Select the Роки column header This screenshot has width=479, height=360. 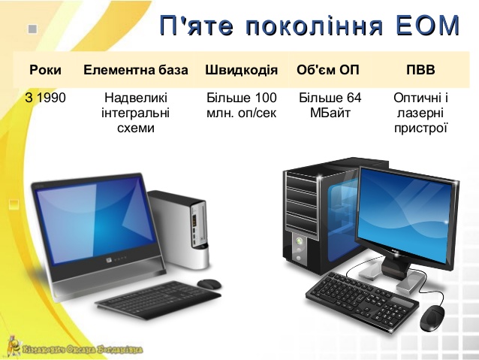tap(45, 71)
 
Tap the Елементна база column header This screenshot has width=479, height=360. tap(136, 71)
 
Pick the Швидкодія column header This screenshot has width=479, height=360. tap(241, 71)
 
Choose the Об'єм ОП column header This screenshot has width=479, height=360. tap(328, 71)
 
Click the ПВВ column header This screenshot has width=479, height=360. tap(420, 71)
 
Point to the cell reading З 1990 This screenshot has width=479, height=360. tap(45, 98)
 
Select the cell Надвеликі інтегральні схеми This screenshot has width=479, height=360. tap(136, 113)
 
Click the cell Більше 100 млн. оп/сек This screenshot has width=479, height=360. tap(241, 105)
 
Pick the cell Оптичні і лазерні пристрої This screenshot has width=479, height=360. tap(420, 113)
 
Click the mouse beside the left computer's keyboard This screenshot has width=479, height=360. tap(209, 283)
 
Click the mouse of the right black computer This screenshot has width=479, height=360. tap(433, 316)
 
